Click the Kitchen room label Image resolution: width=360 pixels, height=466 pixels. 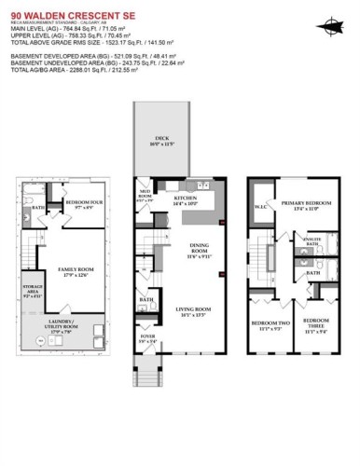coord(185,201)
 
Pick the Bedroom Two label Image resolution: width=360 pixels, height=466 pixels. coord(269,327)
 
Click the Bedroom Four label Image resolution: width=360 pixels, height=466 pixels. coord(85,205)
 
